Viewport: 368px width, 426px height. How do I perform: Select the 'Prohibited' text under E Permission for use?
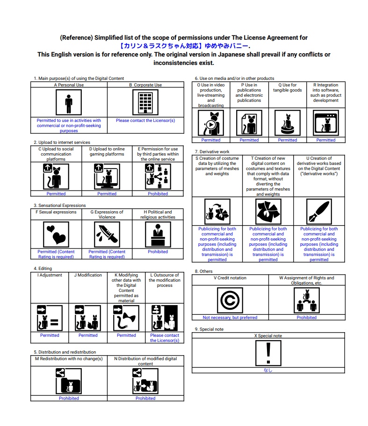(158, 193)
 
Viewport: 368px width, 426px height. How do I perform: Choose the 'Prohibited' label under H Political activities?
(158, 252)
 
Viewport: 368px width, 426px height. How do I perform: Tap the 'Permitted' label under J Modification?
(88, 335)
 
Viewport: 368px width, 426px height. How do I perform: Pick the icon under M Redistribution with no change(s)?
(69, 381)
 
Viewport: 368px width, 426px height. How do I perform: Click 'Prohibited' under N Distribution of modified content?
(145, 398)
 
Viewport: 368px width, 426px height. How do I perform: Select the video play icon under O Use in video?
(211, 123)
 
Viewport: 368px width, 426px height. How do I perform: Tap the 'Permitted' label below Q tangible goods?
(287, 140)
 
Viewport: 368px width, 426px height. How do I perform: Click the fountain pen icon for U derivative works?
(319, 211)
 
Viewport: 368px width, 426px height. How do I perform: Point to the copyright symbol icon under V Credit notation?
(230, 300)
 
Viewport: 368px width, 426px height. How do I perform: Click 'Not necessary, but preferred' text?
(230, 318)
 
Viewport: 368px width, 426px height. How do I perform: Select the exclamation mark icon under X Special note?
(268, 352)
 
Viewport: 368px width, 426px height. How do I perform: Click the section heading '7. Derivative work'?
(212, 152)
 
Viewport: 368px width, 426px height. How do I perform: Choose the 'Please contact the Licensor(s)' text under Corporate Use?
(145, 121)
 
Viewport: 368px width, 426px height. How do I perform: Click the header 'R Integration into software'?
(325, 92)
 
